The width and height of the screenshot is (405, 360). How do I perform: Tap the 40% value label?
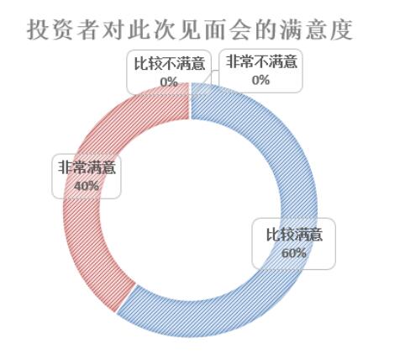pos(87,185)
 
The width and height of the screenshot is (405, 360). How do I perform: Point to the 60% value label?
pos(293,253)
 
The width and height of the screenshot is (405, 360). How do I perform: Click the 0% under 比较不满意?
pos(169,82)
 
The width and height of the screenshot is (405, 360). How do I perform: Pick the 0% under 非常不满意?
pos(260,80)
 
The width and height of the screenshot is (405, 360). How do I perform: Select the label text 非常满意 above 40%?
pos(87,167)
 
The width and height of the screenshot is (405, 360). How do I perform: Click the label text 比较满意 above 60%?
pos(294,235)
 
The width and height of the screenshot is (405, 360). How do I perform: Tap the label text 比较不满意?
pos(169,64)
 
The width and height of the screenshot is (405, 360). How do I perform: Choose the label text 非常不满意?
pos(261,61)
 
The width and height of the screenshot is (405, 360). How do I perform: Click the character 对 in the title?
pos(112,30)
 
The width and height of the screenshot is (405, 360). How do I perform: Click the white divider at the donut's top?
pos(191,100)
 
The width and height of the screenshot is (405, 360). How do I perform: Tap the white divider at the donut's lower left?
pos(126,299)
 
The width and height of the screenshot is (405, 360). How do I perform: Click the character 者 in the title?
pos(86,30)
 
